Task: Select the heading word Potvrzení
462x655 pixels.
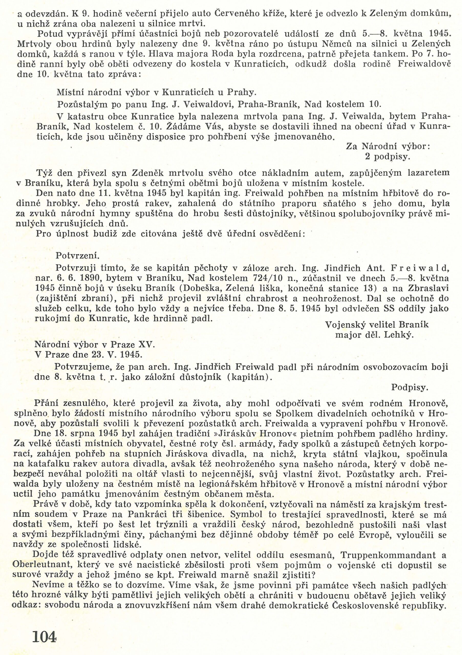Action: pos(78,256)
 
